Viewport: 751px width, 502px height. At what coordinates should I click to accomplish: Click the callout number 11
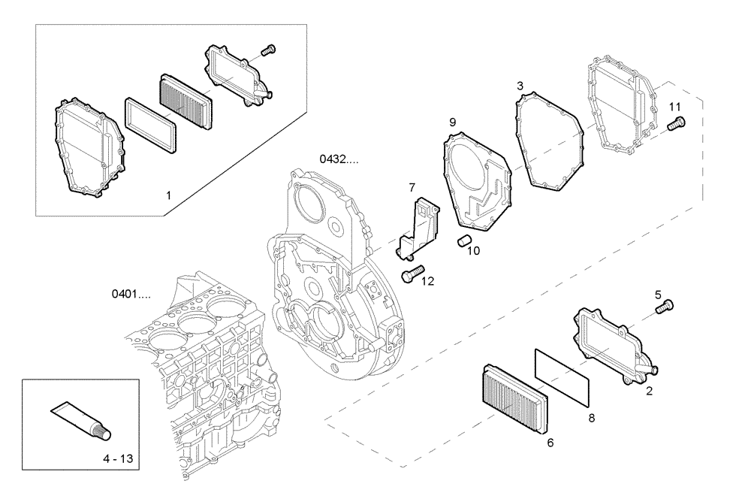[x=674, y=106]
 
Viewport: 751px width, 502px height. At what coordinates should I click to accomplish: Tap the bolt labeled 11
[x=675, y=124]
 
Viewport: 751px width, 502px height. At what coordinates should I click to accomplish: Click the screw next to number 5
[x=665, y=305]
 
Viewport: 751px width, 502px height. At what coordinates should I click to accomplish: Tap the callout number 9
[x=452, y=121]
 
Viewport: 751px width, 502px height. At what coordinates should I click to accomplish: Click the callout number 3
[x=520, y=86]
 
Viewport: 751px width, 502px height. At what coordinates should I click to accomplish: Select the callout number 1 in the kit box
[x=169, y=195]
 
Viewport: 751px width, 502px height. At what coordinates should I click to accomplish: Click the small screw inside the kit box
[x=266, y=50]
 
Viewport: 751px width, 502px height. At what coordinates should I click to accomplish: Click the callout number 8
[x=591, y=416]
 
